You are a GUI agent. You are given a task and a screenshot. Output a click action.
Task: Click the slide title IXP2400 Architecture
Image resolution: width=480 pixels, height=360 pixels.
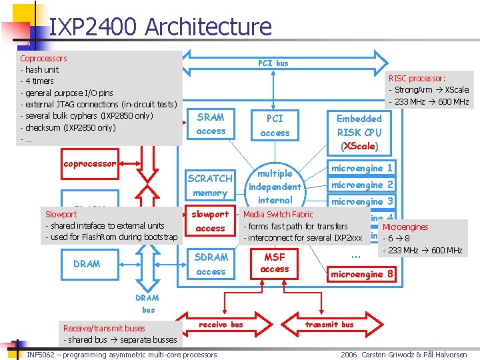(x=160, y=27)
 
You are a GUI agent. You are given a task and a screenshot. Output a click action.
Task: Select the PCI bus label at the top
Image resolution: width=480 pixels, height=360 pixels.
(x=273, y=63)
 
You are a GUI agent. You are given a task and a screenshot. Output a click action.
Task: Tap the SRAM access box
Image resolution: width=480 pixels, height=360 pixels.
(x=211, y=124)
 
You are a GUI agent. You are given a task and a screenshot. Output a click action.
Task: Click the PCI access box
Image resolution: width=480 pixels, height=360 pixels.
(x=275, y=125)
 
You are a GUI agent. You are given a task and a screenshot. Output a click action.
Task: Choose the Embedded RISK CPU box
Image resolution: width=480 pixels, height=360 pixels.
(x=359, y=132)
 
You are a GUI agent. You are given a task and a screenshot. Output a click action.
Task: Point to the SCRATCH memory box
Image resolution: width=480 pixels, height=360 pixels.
(x=210, y=185)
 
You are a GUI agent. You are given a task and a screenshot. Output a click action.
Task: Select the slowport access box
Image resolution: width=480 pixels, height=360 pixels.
(x=210, y=221)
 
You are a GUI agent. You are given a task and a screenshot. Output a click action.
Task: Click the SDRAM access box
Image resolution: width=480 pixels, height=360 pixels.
(x=211, y=264)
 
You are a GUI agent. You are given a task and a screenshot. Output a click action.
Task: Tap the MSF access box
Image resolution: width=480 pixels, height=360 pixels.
(x=275, y=263)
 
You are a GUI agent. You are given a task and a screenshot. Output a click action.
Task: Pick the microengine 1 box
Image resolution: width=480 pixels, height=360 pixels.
(x=362, y=168)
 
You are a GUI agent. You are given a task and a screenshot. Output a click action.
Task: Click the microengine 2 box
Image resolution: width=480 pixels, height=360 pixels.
(x=362, y=185)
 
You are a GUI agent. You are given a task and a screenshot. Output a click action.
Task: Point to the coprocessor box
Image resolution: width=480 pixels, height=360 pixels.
(x=89, y=164)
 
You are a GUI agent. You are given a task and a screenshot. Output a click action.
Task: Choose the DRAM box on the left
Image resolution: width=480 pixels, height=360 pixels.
(x=87, y=264)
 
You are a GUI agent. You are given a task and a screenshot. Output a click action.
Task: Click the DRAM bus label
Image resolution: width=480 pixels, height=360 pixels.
(x=147, y=304)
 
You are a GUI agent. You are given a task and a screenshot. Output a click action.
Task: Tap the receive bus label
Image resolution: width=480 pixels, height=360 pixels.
(x=221, y=325)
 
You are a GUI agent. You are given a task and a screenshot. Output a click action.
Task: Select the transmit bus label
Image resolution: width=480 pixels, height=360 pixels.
(x=329, y=325)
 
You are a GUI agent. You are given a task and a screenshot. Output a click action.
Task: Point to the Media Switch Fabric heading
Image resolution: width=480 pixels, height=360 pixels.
(x=278, y=215)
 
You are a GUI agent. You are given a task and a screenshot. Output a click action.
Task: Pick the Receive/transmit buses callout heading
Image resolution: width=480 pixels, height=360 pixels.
(x=103, y=328)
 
